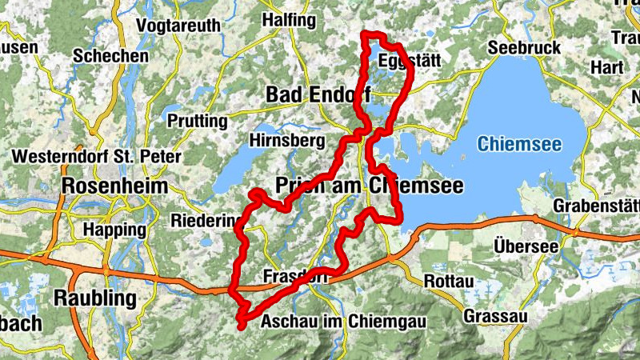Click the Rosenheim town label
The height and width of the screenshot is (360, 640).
[x=115, y=186]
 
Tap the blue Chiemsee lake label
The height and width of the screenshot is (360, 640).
[x=519, y=145]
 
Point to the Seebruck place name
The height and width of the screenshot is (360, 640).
[x=524, y=48]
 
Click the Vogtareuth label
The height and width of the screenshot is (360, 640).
[x=178, y=25]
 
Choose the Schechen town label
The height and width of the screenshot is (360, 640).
[x=110, y=56]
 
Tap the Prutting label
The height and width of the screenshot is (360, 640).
[x=198, y=121]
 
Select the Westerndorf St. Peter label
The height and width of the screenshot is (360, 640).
[x=98, y=156]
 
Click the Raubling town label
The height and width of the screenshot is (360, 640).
[x=95, y=298]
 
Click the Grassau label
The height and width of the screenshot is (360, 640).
[x=495, y=317]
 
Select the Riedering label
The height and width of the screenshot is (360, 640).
[x=206, y=220]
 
